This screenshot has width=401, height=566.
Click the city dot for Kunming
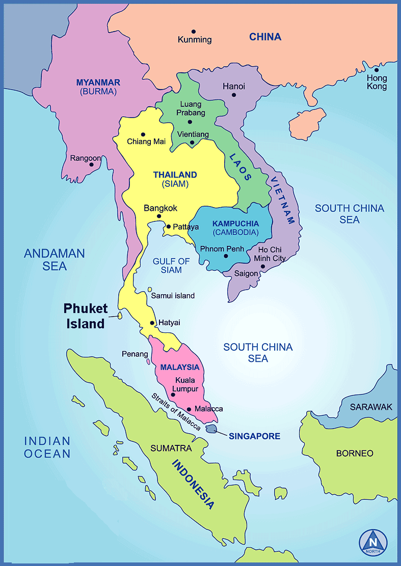pyautogui.click(x=194, y=32)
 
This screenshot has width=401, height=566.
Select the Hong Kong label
pyautogui.click(x=377, y=82)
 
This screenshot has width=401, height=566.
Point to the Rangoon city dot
pyautogui.click(x=91, y=164)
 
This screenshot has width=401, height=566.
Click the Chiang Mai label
pyautogui.click(x=146, y=142)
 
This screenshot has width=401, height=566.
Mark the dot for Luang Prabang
pyautogui.click(x=190, y=122)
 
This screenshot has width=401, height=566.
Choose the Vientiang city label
pyautogui.click(x=193, y=134)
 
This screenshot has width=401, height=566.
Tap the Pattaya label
pyautogui.click(x=185, y=227)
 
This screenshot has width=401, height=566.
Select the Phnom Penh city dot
pyautogui.click(x=226, y=255)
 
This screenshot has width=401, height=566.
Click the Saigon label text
pyautogui.click(x=246, y=273)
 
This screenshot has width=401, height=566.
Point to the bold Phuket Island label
pyautogui.click(x=85, y=316)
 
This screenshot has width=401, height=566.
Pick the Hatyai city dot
pyautogui.click(x=152, y=323)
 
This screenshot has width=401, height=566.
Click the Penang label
pyautogui.click(x=135, y=354)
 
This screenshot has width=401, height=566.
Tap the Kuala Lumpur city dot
pyautogui.click(x=173, y=394)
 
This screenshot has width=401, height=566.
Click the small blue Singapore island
pyautogui.click(x=211, y=429)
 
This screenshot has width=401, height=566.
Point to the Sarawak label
pyautogui.click(x=371, y=407)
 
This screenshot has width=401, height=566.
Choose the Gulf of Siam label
pyautogui.click(x=171, y=265)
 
